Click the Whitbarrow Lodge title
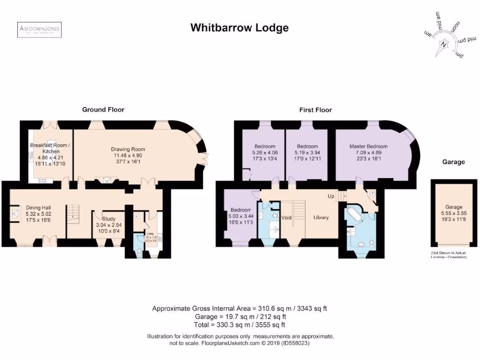click(x=239, y=28)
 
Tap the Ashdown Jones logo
click(x=39, y=30)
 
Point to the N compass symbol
click(x=443, y=46)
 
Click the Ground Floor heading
click(x=103, y=110)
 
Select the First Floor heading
click(x=315, y=110)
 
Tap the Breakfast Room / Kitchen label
click(x=50, y=148)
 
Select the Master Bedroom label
click(x=368, y=146)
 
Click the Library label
click(x=321, y=217)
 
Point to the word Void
click(x=286, y=217)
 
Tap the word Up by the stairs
click(x=331, y=195)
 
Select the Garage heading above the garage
click(x=453, y=162)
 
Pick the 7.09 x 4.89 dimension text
click(x=368, y=152)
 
